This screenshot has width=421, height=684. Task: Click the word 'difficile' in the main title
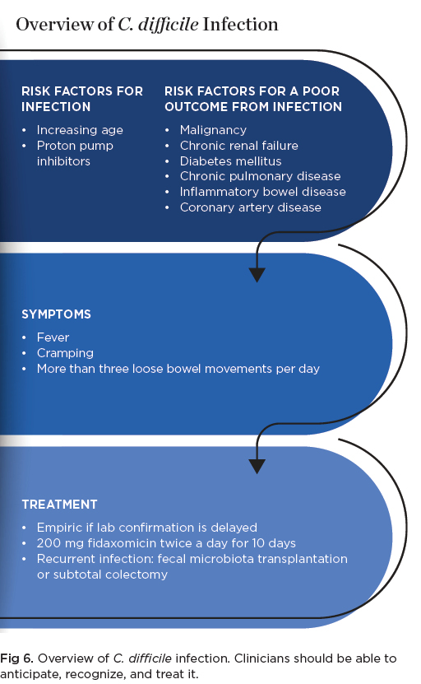(x=169, y=25)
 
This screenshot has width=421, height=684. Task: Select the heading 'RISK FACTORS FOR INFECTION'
(x=82, y=99)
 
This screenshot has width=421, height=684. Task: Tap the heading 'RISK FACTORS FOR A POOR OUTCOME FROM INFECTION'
(x=253, y=99)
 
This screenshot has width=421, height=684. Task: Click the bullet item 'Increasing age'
(x=80, y=130)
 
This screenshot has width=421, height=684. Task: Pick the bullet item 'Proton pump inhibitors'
(x=75, y=154)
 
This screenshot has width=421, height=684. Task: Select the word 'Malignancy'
(x=213, y=130)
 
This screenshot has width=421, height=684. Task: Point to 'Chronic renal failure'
(x=238, y=146)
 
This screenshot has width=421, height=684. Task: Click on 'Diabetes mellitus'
(x=230, y=161)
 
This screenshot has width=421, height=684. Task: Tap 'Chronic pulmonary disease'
(x=260, y=176)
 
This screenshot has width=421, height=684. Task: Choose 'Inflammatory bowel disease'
(x=263, y=192)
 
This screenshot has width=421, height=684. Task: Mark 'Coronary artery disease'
(x=251, y=207)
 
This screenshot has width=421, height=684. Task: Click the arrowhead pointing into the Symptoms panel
(x=257, y=275)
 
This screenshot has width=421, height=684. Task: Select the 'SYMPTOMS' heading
(x=56, y=314)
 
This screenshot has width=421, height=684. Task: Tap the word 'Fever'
(x=53, y=337)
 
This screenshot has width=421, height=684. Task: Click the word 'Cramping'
(x=65, y=353)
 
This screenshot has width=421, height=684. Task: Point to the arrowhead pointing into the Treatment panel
(x=257, y=467)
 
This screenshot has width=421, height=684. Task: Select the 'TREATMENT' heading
(x=59, y=505)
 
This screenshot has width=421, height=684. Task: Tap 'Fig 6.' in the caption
(x=16, y=658)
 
